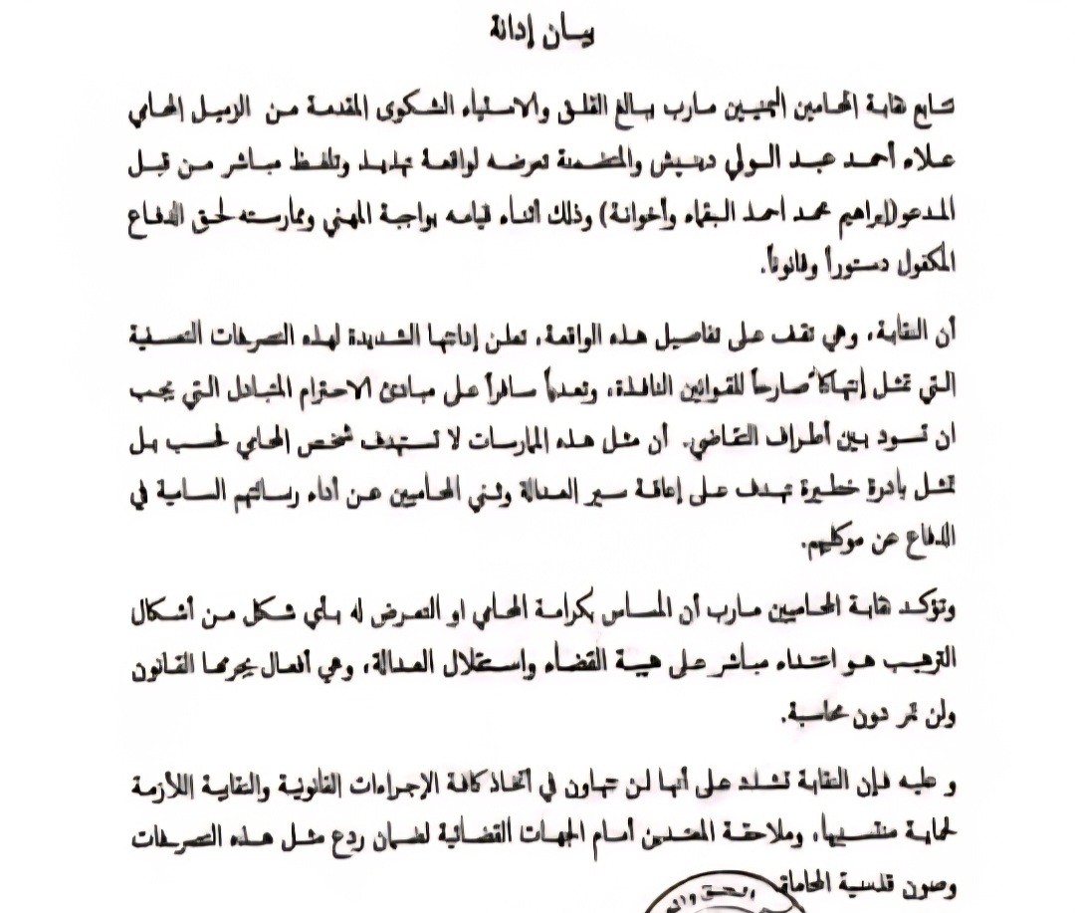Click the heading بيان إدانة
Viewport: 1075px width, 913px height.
pos(543,34)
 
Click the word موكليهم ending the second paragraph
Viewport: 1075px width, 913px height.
pos(835,544)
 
